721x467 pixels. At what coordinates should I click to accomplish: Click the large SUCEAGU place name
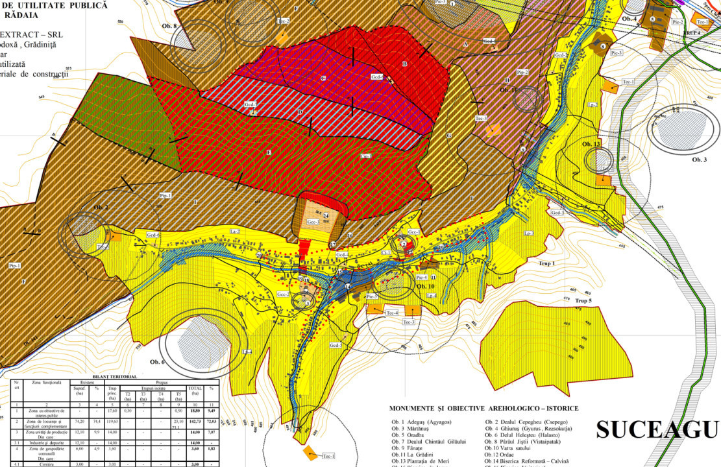[657, 430]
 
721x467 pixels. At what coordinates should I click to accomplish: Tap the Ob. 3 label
[699, 160]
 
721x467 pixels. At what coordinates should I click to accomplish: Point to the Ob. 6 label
[158, 362]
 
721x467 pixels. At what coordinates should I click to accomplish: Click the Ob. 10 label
[426, 286]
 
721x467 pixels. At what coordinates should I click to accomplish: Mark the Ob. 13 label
[592, 143]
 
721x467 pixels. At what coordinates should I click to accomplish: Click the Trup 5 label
[583, 301]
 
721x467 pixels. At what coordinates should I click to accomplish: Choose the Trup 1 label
[547, 263]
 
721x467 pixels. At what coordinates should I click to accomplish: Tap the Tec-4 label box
[391, 313]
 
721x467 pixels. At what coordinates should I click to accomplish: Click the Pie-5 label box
[372, 296]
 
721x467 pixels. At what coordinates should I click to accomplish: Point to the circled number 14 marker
[347, 286]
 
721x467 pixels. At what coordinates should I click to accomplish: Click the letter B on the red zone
[404, 64]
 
